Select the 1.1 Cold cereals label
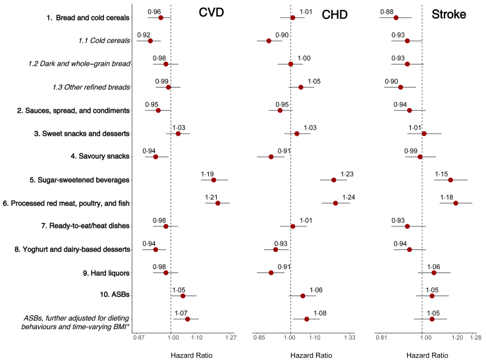click(101, 41)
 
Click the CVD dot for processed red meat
click(217, 203)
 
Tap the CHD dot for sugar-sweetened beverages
click(334, 180)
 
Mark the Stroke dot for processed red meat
click(456, 203)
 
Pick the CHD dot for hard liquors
click(271, 272)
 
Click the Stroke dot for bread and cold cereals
click(396, 18)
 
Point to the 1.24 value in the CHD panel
click(348, 197)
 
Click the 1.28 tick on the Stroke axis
click(475, 338)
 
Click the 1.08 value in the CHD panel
click(320, 313)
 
